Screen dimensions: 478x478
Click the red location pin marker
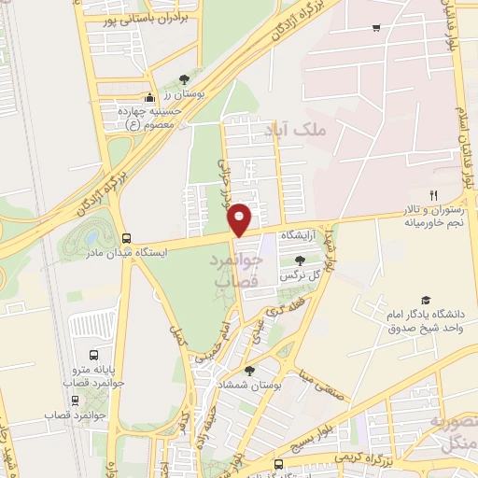coord(241,218)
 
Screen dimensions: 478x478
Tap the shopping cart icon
coord(375,28)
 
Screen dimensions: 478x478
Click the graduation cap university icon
coord(426,300)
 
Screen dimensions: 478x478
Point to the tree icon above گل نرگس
coord(299,260)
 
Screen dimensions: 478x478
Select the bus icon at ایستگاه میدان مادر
coord(126,237)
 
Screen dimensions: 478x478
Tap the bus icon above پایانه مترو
coord(93,356)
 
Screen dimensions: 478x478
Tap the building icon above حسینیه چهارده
coord(148,99)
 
